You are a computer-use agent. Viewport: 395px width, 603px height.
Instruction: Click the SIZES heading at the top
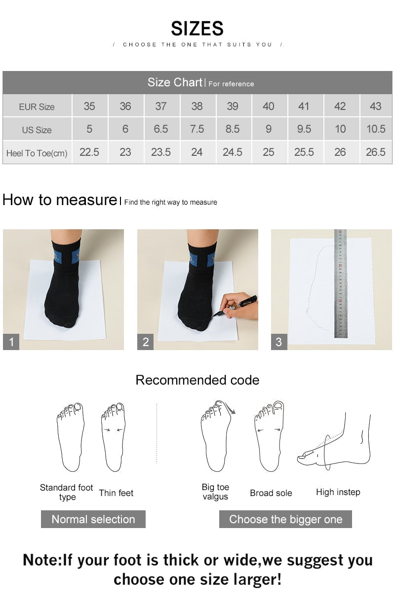coord(197,29)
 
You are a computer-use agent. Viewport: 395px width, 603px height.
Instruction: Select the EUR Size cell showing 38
coord(197,106)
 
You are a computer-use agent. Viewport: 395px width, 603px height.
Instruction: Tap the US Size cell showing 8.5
coord(232,129)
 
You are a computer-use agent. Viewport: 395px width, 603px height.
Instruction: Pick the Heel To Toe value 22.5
coord(89,152)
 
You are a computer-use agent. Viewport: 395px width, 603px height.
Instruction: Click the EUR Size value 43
coord(375,106)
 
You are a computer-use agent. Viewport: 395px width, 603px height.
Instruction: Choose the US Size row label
coord(37,130)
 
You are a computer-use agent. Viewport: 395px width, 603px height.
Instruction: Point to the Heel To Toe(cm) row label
coord(37,153)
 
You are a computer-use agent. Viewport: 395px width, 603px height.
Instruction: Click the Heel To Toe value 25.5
coord(304,152)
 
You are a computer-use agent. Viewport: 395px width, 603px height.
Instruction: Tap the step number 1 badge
coord(11,342)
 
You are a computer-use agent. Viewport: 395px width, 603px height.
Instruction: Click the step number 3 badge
coord(279,342)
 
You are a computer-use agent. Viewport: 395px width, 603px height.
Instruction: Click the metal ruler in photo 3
coord(340,284)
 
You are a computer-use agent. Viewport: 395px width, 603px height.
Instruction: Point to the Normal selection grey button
coord(93,519)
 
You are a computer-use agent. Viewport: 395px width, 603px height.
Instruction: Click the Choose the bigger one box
coord(285,519)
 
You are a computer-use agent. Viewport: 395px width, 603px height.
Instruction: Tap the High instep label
coord(338,492)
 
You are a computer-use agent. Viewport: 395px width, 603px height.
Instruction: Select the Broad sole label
coord(271,493)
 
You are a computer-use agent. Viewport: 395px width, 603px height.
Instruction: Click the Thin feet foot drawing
coord(113,436)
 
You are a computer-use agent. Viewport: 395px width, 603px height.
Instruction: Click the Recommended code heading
coord(197,380)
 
